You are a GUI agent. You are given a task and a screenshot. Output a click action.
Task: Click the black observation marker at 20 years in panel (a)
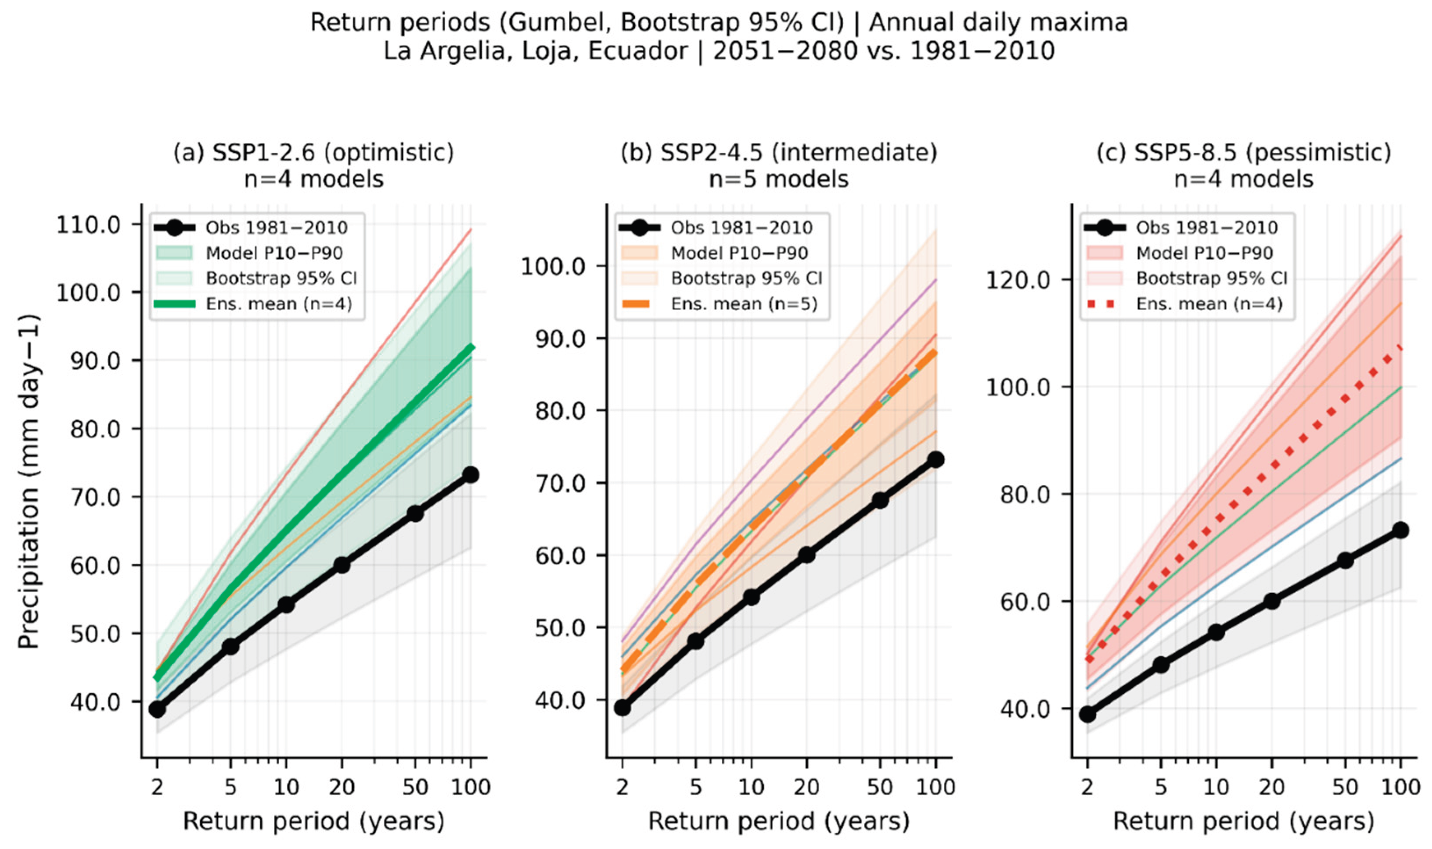[x=342, y=565]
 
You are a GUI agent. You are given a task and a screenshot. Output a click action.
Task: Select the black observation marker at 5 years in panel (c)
[x=1160, y=665]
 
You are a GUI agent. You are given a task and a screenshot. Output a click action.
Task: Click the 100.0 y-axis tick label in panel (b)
[x=554, y=267]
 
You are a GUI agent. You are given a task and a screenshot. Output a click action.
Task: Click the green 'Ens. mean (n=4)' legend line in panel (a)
[x=175, y=304]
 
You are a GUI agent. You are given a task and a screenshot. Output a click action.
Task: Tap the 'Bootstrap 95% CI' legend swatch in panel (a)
[x=175, y=278]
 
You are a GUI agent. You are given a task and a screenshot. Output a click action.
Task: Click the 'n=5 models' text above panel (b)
[x=778, y=179]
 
